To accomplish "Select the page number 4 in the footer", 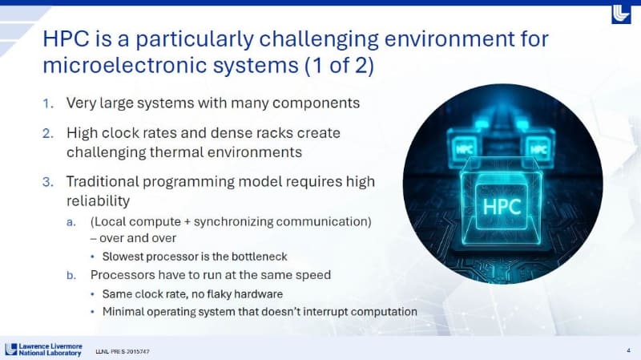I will (x=627, y=350).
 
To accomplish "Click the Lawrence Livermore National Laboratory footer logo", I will (x=43, y=350).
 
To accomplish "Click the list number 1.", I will (x=47, y=103).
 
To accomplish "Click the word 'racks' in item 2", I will (x=277, y=133).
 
